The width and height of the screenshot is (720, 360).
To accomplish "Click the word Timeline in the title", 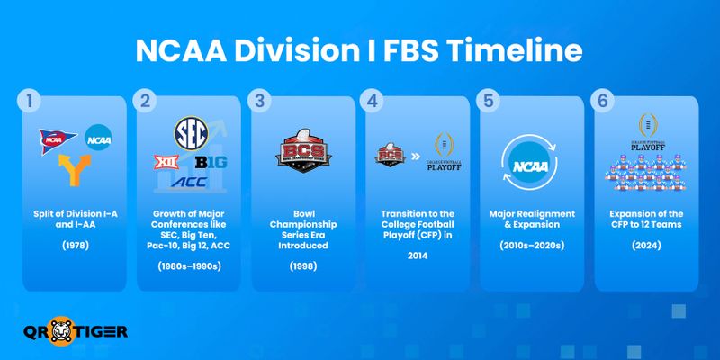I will (x=516, y=51).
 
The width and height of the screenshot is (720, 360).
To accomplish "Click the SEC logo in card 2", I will (x=190, y=132).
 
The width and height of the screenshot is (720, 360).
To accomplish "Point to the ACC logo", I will (x=188, y=183).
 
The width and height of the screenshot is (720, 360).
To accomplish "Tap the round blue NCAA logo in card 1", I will (x=99, y=139).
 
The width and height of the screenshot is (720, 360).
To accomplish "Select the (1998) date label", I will (x=301, y=267).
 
